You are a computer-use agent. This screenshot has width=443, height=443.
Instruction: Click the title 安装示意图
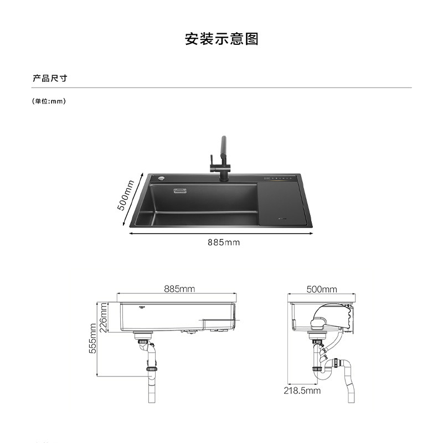point(221,39)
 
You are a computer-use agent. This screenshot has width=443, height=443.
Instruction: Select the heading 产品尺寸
point(50,78)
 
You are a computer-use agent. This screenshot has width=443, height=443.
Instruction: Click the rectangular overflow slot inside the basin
point(181,191)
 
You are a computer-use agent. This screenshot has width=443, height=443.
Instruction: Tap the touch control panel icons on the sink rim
point(280,178)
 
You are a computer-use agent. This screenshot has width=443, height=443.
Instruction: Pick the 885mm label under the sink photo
point(224,242)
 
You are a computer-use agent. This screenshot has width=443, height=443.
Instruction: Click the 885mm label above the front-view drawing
point(179,289)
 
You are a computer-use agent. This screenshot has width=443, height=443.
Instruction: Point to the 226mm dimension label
point(104,316)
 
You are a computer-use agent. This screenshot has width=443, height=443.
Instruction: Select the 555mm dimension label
point(93,339)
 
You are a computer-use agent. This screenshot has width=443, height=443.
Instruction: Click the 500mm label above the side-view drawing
point(322,289)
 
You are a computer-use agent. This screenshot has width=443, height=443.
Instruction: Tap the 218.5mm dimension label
point(302,390)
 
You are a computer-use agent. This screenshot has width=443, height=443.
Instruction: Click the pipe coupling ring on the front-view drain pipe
point(150,368)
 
